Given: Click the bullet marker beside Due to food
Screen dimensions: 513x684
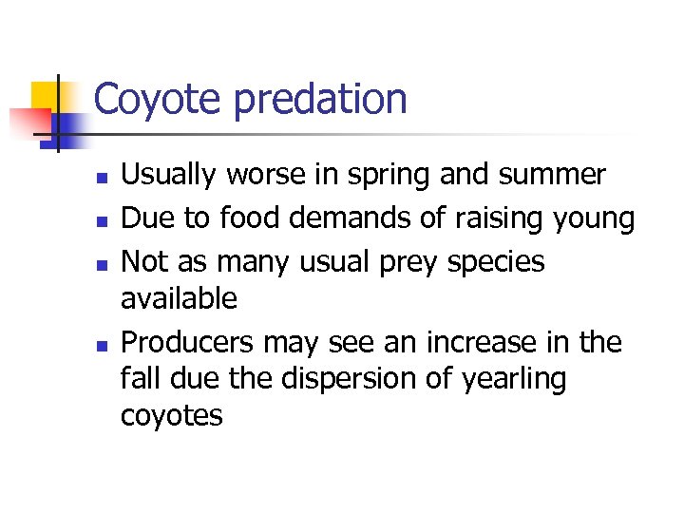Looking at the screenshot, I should tap(103, 220).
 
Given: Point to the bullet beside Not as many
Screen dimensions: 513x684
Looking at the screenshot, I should tap(103, 263).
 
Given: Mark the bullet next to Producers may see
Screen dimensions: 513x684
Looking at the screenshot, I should tap(103, 344).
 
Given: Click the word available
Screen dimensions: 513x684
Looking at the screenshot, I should tap(179, 298).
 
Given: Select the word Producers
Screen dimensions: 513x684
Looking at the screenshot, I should tap(187, 341).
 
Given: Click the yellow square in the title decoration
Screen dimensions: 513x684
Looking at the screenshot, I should tap(46, 95).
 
